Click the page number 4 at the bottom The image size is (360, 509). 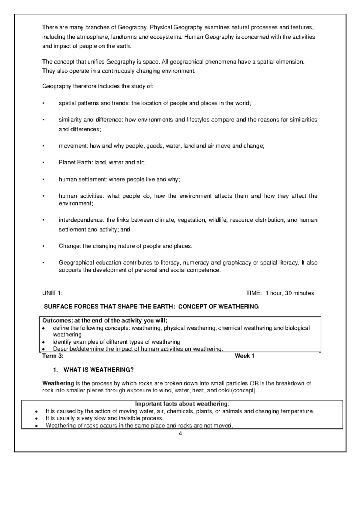(180, 434)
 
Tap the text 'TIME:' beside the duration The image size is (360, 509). (254, 293)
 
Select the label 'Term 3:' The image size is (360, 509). (53, 356)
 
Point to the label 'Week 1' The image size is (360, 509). (244, 356)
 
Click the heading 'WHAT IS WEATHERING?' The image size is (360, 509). (98, 370)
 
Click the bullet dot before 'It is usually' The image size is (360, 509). (36, 418)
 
